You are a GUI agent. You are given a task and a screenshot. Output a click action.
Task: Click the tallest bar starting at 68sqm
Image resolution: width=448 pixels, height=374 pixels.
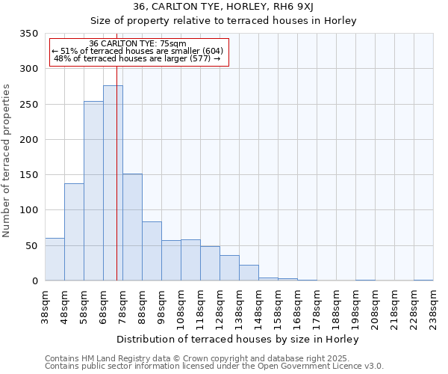click(113, 183)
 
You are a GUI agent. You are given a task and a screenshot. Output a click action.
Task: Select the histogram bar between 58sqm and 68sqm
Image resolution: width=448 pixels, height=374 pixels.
click(93, 191)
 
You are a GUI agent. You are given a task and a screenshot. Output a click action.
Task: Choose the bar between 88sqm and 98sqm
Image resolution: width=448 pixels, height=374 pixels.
click(152, 251)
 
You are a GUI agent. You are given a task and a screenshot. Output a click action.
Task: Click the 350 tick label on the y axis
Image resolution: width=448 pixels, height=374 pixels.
click(28, 34)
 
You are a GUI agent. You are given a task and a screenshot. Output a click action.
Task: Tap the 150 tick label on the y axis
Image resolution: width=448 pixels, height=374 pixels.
click(28, 175)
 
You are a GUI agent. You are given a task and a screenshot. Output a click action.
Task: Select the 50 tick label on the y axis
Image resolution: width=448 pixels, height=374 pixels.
click(31, 245)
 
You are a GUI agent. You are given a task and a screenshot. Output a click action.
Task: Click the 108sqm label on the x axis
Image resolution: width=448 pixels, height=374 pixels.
click(181, 306)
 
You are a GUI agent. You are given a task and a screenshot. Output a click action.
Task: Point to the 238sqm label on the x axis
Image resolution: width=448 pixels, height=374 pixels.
click(433, 306)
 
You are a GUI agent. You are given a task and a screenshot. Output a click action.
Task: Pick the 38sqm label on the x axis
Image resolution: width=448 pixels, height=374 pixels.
click(45, 306)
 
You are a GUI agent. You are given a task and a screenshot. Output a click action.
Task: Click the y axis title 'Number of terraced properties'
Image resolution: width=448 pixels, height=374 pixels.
click(7, 161)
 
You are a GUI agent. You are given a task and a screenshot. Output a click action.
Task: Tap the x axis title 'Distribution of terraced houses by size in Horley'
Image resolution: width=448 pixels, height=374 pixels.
click(239, 339)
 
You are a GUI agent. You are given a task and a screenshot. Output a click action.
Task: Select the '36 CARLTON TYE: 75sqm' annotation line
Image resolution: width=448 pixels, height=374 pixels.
click(137, 43)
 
